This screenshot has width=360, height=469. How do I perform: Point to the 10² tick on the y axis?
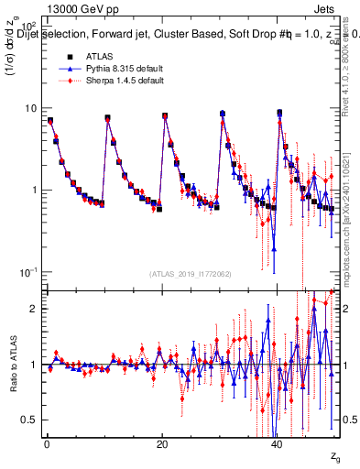[29, 27]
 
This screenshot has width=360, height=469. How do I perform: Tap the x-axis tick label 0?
[47, 444]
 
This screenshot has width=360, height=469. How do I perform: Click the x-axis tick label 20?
[162, 444]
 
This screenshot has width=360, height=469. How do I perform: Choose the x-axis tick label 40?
[278, 444]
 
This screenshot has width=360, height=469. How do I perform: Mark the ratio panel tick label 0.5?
[29, 420]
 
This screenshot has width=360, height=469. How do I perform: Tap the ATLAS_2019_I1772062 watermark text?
[191, 274]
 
